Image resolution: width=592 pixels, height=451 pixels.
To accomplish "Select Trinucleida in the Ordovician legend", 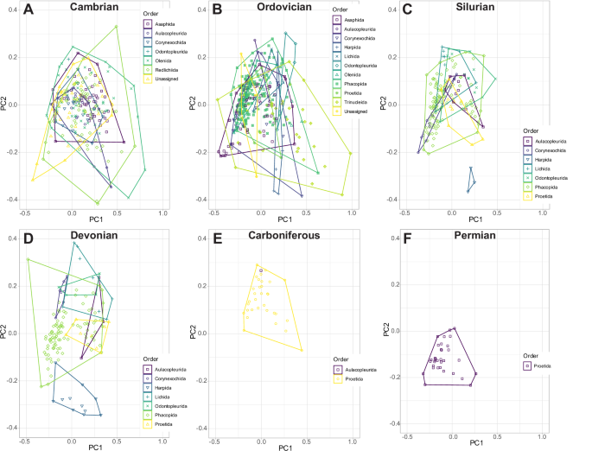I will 358,103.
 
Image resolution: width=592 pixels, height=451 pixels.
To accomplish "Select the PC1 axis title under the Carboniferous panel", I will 283,446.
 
